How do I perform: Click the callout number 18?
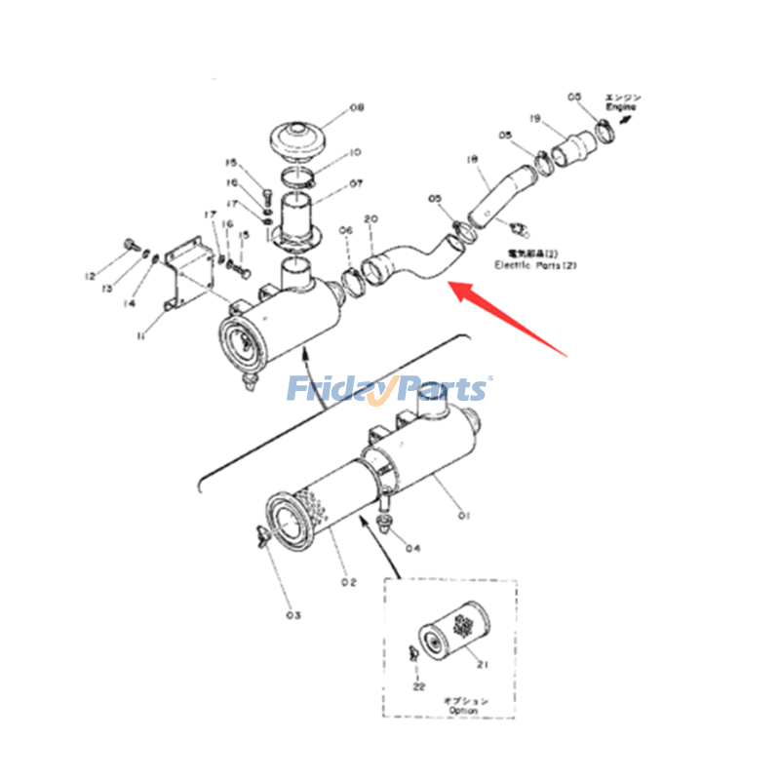point(472,158)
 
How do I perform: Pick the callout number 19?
point(535,118)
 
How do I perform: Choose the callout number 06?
point(345,230)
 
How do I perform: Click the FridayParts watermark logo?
point(388,390)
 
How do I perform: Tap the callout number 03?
point(293,615)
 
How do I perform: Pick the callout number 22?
point(419,688)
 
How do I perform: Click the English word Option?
point(465,712)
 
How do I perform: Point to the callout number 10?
point(355,152)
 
